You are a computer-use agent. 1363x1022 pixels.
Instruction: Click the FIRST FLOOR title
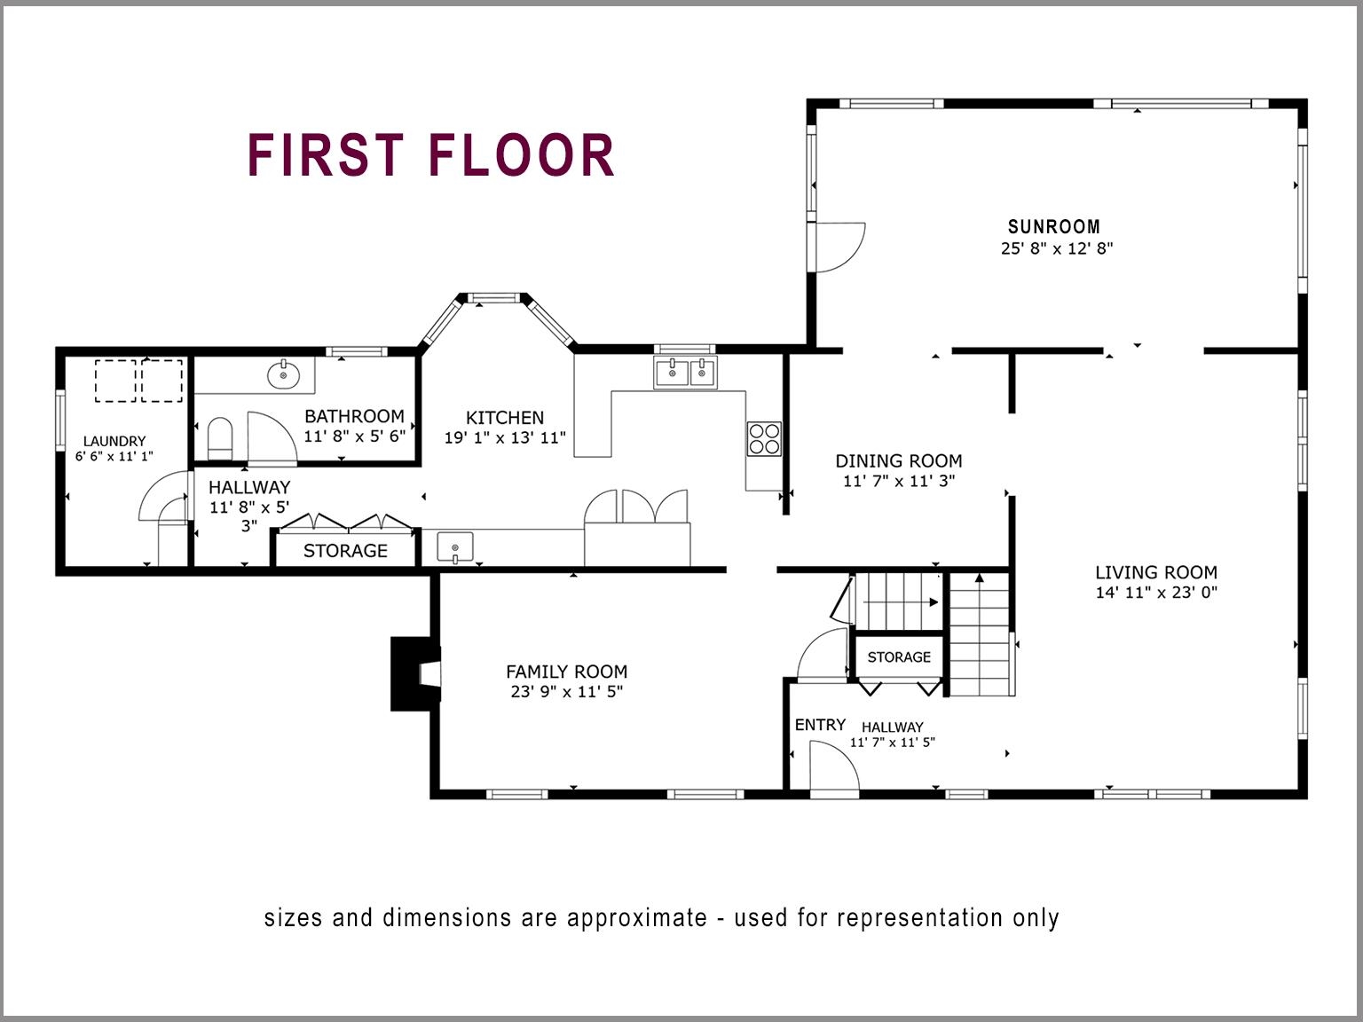431,155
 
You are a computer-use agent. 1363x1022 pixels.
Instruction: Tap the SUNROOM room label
1053,226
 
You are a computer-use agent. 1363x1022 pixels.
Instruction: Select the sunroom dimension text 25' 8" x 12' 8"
1056,248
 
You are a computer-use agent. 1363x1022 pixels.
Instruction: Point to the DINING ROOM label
898,460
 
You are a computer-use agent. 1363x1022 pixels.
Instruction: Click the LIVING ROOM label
1155,572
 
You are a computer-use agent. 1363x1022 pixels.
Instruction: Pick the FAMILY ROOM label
566,672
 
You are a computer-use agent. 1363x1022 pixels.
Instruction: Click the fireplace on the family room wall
415,674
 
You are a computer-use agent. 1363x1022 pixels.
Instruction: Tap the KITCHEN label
504,417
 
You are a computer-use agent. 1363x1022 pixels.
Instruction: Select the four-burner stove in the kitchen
764,438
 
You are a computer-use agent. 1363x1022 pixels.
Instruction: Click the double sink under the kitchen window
685,373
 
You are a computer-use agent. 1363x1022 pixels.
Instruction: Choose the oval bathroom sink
284,375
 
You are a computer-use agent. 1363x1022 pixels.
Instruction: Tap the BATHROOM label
354,415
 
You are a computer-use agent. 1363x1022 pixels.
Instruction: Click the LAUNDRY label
114,441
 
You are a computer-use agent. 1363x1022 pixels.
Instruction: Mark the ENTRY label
820,725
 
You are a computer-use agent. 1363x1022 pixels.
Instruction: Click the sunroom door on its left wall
838,247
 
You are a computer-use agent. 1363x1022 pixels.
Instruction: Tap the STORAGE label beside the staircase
899,656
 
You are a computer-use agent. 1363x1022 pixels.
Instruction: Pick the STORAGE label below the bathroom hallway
345,550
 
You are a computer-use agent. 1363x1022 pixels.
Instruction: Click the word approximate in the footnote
636,917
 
